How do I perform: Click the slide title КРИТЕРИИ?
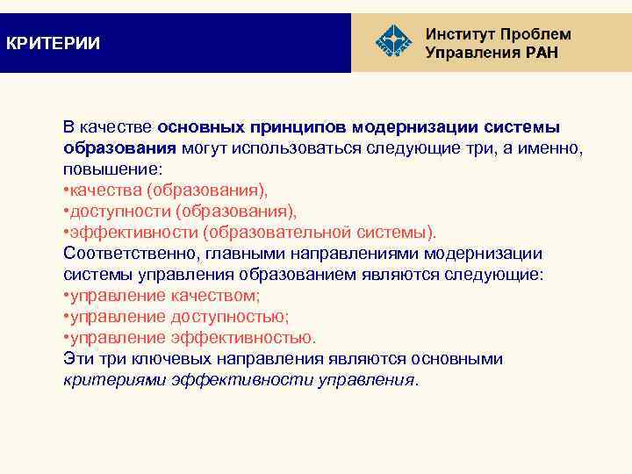[53, 43]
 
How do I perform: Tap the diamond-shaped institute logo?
[392, 43]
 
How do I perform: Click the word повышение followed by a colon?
[106, 169]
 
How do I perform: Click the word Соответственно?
[126, 254]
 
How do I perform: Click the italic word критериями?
[115, 380]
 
